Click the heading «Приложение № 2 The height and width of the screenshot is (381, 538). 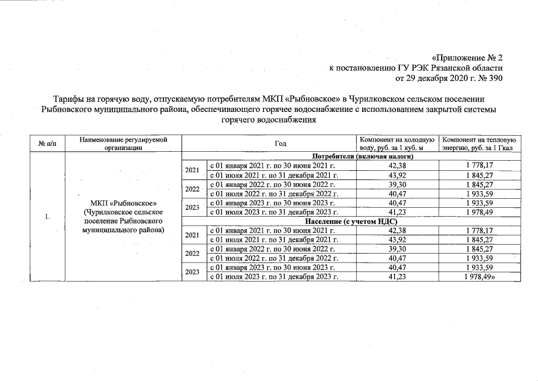click(x=467, y=58)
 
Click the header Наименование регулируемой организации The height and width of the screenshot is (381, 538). click(x=123, y=143)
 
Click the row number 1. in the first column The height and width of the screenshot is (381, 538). click(x=46, y=216)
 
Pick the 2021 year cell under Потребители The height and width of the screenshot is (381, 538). click(x=192, y=170)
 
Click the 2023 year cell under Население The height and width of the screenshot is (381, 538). click(x=192, y=272)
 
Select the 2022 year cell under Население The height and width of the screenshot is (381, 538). click(x=192, y=253)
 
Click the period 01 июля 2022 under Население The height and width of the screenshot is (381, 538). click(x=273, y=258)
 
